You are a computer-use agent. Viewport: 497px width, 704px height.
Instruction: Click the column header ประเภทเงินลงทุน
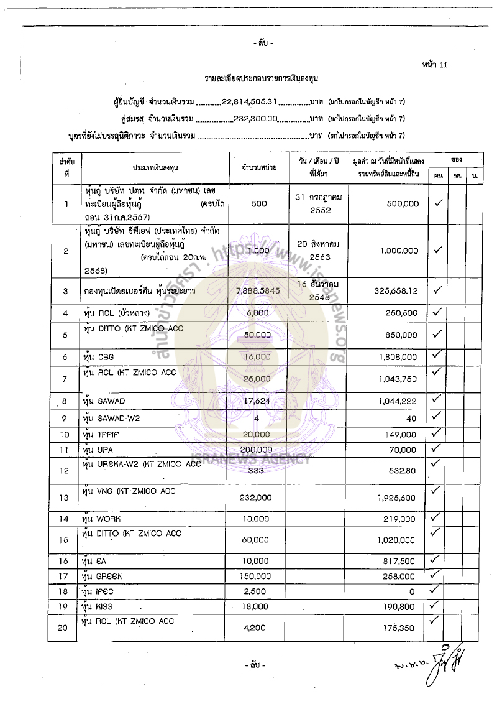click(x=155, y=168)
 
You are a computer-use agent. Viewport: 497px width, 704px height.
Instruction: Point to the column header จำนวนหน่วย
click(x=260, y=168)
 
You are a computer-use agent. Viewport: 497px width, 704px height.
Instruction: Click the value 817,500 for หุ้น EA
click(x=400, y=562)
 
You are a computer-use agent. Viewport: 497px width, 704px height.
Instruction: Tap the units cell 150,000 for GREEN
click(x=255, y=577)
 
